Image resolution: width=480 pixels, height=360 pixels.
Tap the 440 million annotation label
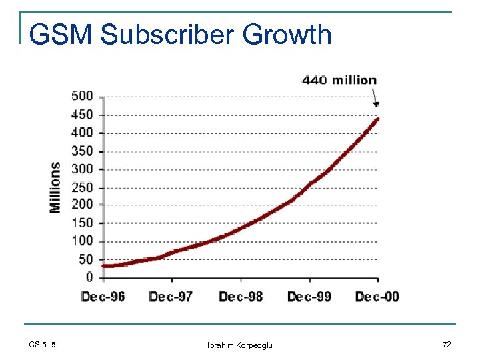tap(339, 80)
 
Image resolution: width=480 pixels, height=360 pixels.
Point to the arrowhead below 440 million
tap(376, 103)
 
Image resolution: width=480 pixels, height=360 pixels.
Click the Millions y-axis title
tap(55, 187)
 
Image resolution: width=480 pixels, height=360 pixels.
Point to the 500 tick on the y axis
tap(82, 96)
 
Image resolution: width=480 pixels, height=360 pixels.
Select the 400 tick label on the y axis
tap(82, 133)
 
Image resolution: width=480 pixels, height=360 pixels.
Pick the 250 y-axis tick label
tap(82, 187)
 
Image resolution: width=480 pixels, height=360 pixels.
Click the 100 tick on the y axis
tap(82, 241)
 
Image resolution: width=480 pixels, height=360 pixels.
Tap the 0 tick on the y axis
tap(89, 277)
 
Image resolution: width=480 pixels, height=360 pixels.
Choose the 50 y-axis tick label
tap(85, 259)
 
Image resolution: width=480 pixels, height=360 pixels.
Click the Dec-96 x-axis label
tap(103, 296)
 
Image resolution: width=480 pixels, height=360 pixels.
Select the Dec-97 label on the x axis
tap(171, 296)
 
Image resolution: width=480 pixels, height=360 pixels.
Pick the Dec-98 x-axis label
tap(241, 296)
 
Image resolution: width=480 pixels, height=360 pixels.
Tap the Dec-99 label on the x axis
tap(309, 296)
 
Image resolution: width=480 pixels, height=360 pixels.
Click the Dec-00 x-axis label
tap(377, 296)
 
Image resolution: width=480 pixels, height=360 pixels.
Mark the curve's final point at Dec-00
tap(377, 119)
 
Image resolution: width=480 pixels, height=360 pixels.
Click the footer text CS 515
tap(43, 344)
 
